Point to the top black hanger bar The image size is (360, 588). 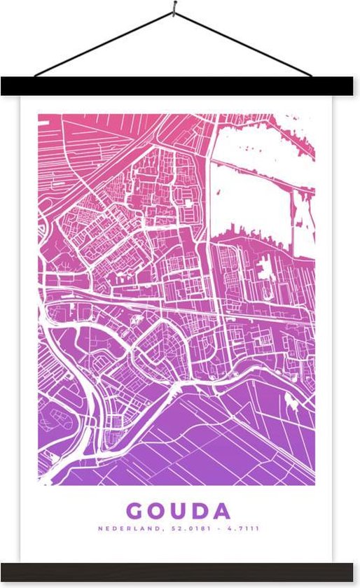coord(180,86)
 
